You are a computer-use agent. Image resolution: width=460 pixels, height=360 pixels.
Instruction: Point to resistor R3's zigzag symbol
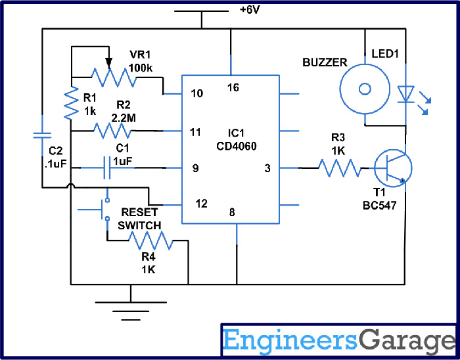coord(340,168)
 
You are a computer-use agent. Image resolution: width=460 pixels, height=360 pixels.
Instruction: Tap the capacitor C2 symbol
coord(42,135)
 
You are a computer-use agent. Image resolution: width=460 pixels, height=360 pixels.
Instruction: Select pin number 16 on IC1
coord(233,87)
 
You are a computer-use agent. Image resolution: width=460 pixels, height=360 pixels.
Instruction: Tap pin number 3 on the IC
coord(267,169)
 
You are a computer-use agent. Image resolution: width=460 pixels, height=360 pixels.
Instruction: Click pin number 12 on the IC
coord(202,204)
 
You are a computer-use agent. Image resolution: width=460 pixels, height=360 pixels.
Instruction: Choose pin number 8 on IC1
coord(232,212)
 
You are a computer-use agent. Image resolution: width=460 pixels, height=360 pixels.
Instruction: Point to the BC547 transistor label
coord(378,206)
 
